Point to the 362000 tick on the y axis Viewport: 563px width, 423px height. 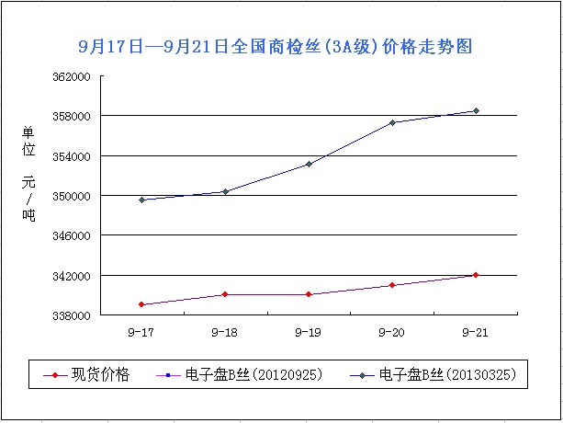pos(71,76)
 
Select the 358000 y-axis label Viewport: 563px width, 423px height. pos(71,116)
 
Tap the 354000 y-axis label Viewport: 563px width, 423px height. pos(71,156)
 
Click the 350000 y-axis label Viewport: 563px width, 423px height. pos(71,196)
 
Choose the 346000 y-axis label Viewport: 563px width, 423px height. pos(71,235)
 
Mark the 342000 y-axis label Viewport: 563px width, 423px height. pos(71,276)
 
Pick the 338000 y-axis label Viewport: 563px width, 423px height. pos(71,315)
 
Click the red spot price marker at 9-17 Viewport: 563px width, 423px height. pos(141,304)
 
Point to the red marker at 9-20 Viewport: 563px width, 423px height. pos(392,285)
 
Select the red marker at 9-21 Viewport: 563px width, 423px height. pos(476,275)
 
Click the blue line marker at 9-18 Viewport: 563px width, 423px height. pos(225,191)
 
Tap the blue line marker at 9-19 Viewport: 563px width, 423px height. pos(309,164)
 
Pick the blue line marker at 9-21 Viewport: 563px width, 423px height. pos(476,111)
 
